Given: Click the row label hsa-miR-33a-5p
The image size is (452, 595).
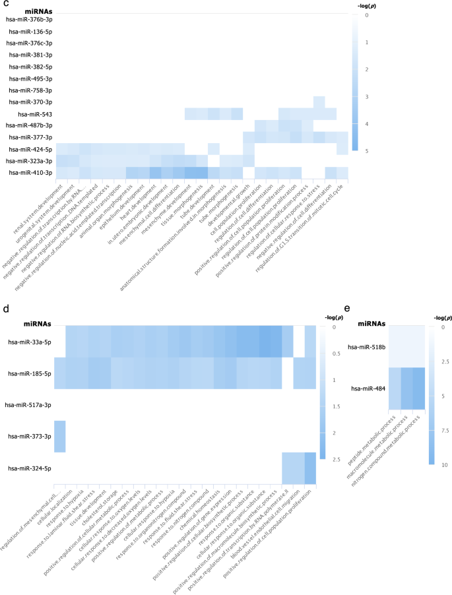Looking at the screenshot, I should coord(28,342).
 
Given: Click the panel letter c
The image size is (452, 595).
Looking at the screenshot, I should coord(5,4).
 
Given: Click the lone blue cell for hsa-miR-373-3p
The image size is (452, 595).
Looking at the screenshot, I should coord(60,436).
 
